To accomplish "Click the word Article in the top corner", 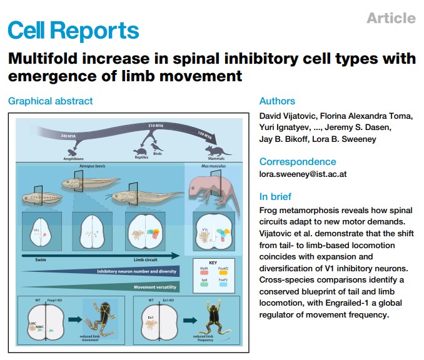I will (391, 17).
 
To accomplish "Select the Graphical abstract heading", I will (50, 101).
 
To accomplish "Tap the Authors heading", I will (277, 101).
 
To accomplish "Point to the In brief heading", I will (275, 196).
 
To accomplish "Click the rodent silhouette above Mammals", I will (220, 149).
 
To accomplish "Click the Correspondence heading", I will (298, 161).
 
